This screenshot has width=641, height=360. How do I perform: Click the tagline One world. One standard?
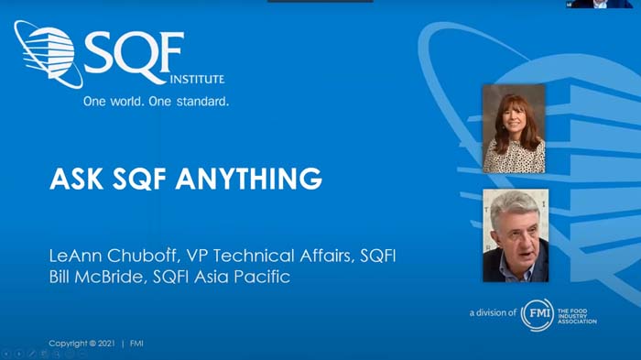coord(156,102)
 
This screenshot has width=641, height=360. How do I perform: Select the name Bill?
coord(62,277)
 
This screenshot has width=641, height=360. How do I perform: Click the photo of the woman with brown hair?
coord(514,129)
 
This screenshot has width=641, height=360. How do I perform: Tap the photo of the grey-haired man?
coord(515,235)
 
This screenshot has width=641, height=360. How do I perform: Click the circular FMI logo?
coord(537,314)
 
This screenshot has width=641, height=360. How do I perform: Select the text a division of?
coord(492,314)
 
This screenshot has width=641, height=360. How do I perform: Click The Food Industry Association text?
coord(579,314)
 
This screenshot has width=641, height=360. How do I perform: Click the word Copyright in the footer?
coord(66,344)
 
